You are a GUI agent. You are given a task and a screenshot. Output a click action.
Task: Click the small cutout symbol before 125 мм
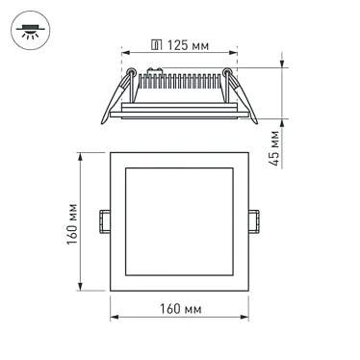click(x=156, y=45)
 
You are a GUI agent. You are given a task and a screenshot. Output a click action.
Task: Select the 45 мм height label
click(x=275, y=147)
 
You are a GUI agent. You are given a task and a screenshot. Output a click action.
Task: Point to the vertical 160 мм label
click(x=73, y=224)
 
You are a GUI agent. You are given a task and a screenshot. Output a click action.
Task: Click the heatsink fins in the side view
click(x=183, y=82)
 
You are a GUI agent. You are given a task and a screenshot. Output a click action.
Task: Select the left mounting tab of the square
click(x=103, y=219)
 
